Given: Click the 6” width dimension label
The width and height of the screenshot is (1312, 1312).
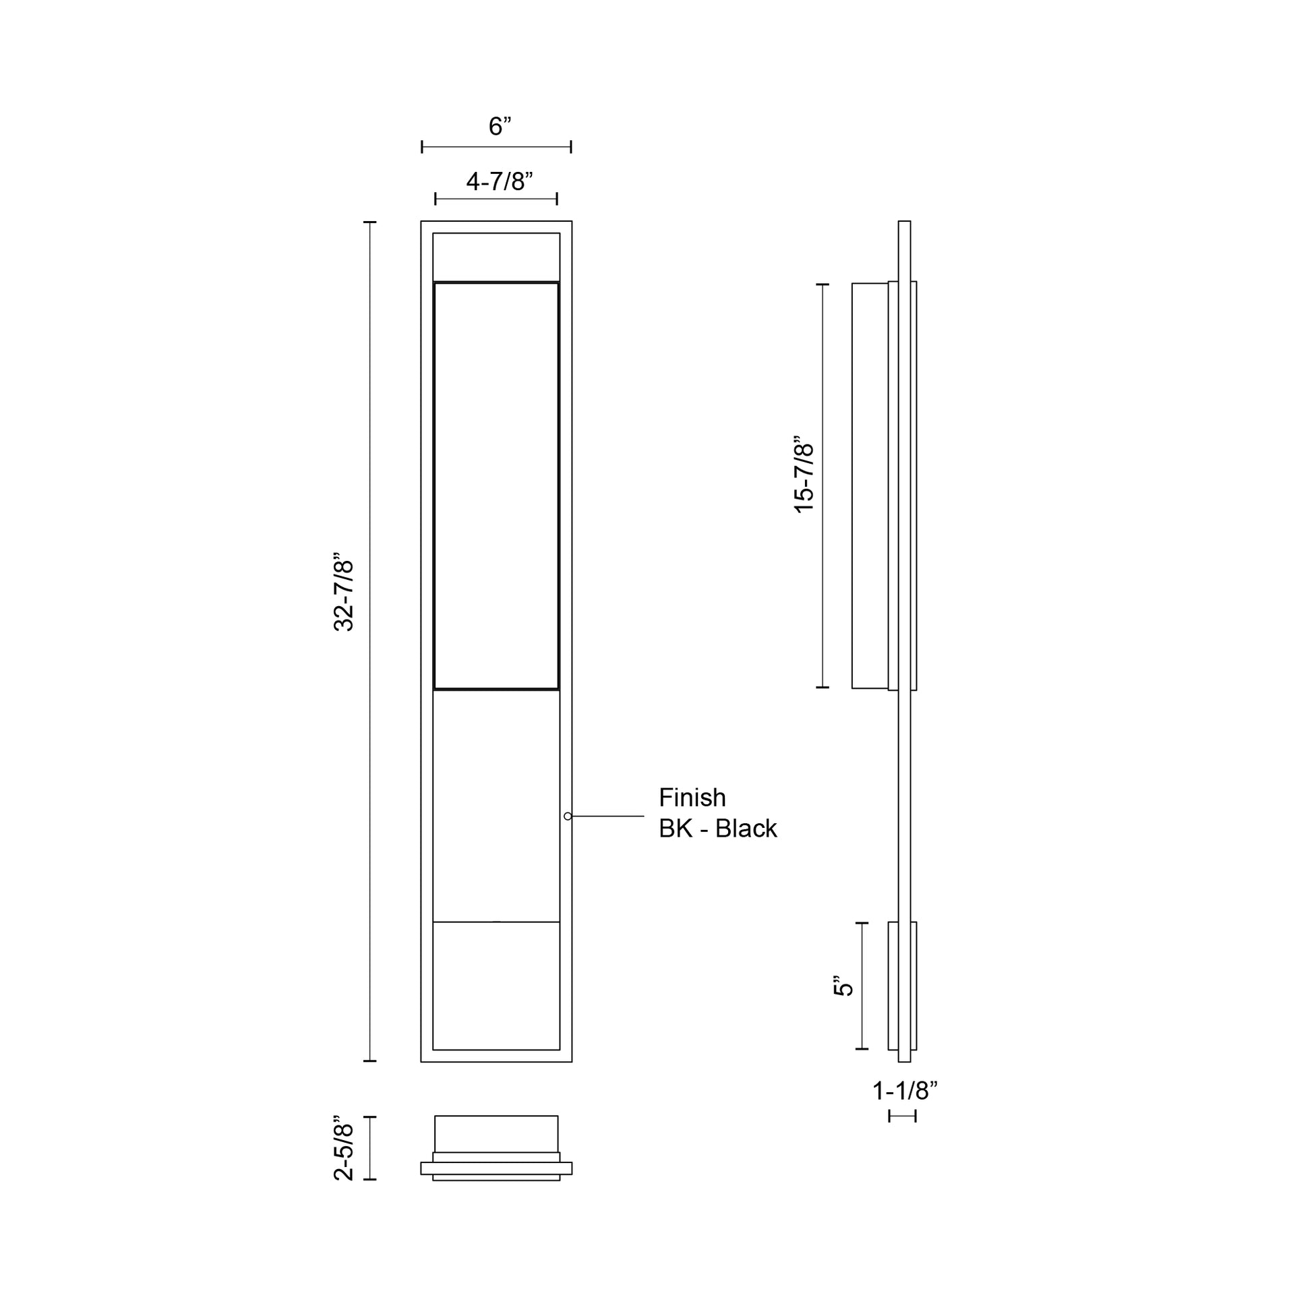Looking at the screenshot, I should coord(499,126).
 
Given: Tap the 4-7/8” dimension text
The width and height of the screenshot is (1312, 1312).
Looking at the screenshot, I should coord(499,181).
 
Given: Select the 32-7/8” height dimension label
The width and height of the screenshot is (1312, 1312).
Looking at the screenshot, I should coord(345,595).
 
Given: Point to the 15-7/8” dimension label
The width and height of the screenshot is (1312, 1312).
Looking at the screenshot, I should coord(804,475).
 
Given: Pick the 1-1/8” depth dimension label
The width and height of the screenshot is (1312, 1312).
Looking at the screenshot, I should coord(905,1092).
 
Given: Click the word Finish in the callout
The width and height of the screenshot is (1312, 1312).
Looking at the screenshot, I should coord(692,798).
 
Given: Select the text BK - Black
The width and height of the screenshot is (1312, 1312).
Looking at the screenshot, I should coord(717,829).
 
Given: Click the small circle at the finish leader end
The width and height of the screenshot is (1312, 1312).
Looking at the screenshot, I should coord(568,816).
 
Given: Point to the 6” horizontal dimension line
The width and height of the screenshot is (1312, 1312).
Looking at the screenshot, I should coord(496,147).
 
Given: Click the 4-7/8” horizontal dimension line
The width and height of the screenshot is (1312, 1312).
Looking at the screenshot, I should coord(496,199).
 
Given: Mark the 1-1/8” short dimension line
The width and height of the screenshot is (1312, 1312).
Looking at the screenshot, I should coord(903,1116).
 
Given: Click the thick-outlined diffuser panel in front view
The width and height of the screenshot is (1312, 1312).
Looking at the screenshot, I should coord(496,485).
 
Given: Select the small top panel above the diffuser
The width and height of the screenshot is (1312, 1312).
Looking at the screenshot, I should coord(496,257).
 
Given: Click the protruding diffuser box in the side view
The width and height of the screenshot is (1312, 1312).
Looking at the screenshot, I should coord(870,485).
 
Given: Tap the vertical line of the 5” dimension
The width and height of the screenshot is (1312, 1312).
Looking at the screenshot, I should coord(862,986).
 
